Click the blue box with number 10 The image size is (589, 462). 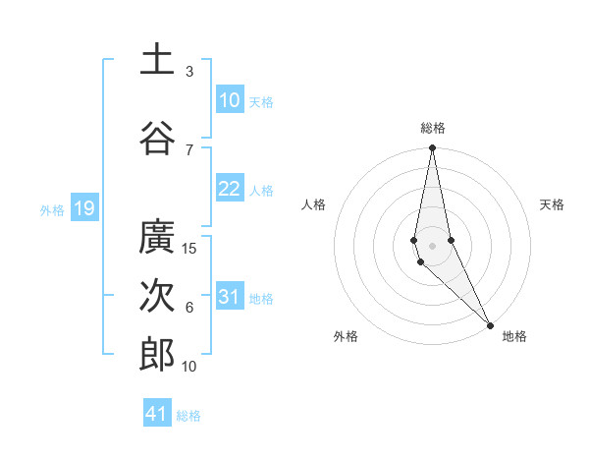230,100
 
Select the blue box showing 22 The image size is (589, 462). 230,189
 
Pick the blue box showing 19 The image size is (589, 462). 83,208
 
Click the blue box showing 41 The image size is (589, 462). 157,414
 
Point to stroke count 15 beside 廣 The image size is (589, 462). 190,249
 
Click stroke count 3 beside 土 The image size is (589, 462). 189,71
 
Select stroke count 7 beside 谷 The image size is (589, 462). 189,149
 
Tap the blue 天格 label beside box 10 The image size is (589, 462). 261,101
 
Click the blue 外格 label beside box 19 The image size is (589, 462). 52,209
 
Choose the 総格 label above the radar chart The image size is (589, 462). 433,128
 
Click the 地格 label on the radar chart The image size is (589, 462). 514,336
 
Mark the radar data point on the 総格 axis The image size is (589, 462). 432,148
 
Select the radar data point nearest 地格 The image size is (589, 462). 490,323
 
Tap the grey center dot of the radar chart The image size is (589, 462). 432,245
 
